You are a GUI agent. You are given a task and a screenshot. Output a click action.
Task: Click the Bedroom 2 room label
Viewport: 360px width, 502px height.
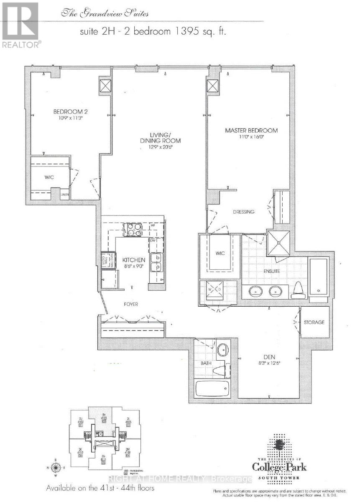click(70, 112)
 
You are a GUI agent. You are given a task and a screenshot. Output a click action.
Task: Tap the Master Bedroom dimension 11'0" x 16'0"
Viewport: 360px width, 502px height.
click(251, 137)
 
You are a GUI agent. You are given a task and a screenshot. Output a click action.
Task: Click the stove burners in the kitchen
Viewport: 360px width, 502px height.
click(133, 230)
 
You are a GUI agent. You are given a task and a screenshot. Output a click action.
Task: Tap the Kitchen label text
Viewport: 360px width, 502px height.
click(134, 260)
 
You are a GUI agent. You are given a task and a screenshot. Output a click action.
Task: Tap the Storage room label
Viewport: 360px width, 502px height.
click(314, 323)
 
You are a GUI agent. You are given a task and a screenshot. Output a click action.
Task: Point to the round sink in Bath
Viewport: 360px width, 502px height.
click(223, 348)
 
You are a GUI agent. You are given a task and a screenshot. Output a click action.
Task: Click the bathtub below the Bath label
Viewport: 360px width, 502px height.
click(212, 389)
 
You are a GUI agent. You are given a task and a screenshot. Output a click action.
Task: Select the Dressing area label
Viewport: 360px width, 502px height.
click(244, 212)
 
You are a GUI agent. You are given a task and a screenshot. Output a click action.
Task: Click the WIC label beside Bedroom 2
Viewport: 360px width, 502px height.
click(49, 177)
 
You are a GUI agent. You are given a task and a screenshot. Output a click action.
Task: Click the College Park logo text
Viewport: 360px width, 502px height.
click(278, 467)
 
